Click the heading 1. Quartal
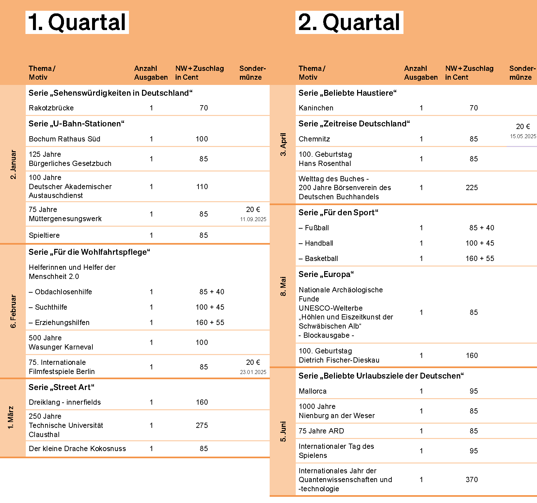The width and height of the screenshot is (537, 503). point(77,22)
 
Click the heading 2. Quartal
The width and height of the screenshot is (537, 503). point(349,22)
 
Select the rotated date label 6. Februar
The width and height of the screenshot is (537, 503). point(13,311)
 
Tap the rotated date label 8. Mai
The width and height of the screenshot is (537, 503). point(283,286)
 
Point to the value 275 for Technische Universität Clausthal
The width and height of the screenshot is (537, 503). point(202,425)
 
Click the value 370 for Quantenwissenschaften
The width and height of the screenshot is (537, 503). point(472,479)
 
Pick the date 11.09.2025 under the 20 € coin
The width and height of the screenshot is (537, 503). point(253,219)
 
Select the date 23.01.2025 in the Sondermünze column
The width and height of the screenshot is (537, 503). point(253,372)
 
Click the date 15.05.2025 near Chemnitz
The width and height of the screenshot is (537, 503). point(523,136)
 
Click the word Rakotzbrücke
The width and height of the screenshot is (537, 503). point(51,108)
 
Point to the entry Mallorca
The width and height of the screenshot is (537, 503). point(312,391)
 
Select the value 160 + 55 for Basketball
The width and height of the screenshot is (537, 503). point(480,258)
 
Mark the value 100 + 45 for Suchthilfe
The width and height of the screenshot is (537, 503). point(210,307)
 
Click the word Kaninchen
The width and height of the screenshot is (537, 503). point(316,108)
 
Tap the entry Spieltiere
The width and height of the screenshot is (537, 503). point(44,235)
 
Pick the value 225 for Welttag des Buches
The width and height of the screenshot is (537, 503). point(472,187)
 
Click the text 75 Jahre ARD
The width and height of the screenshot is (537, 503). point(321,431)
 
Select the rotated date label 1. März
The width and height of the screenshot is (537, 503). point(11,417)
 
